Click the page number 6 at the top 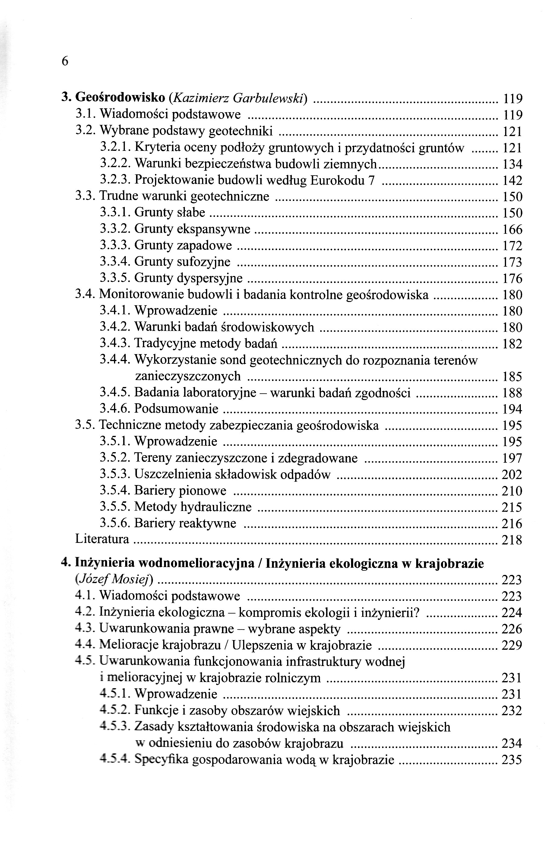65,61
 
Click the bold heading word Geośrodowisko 121,97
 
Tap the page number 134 512,164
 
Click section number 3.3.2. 115,229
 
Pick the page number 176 512,278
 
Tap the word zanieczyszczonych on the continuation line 188,376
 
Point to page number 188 512,393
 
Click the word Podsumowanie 176,409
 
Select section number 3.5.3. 115,474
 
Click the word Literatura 102,540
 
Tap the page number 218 512,540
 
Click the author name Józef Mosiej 114,580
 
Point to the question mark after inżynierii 417,612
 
